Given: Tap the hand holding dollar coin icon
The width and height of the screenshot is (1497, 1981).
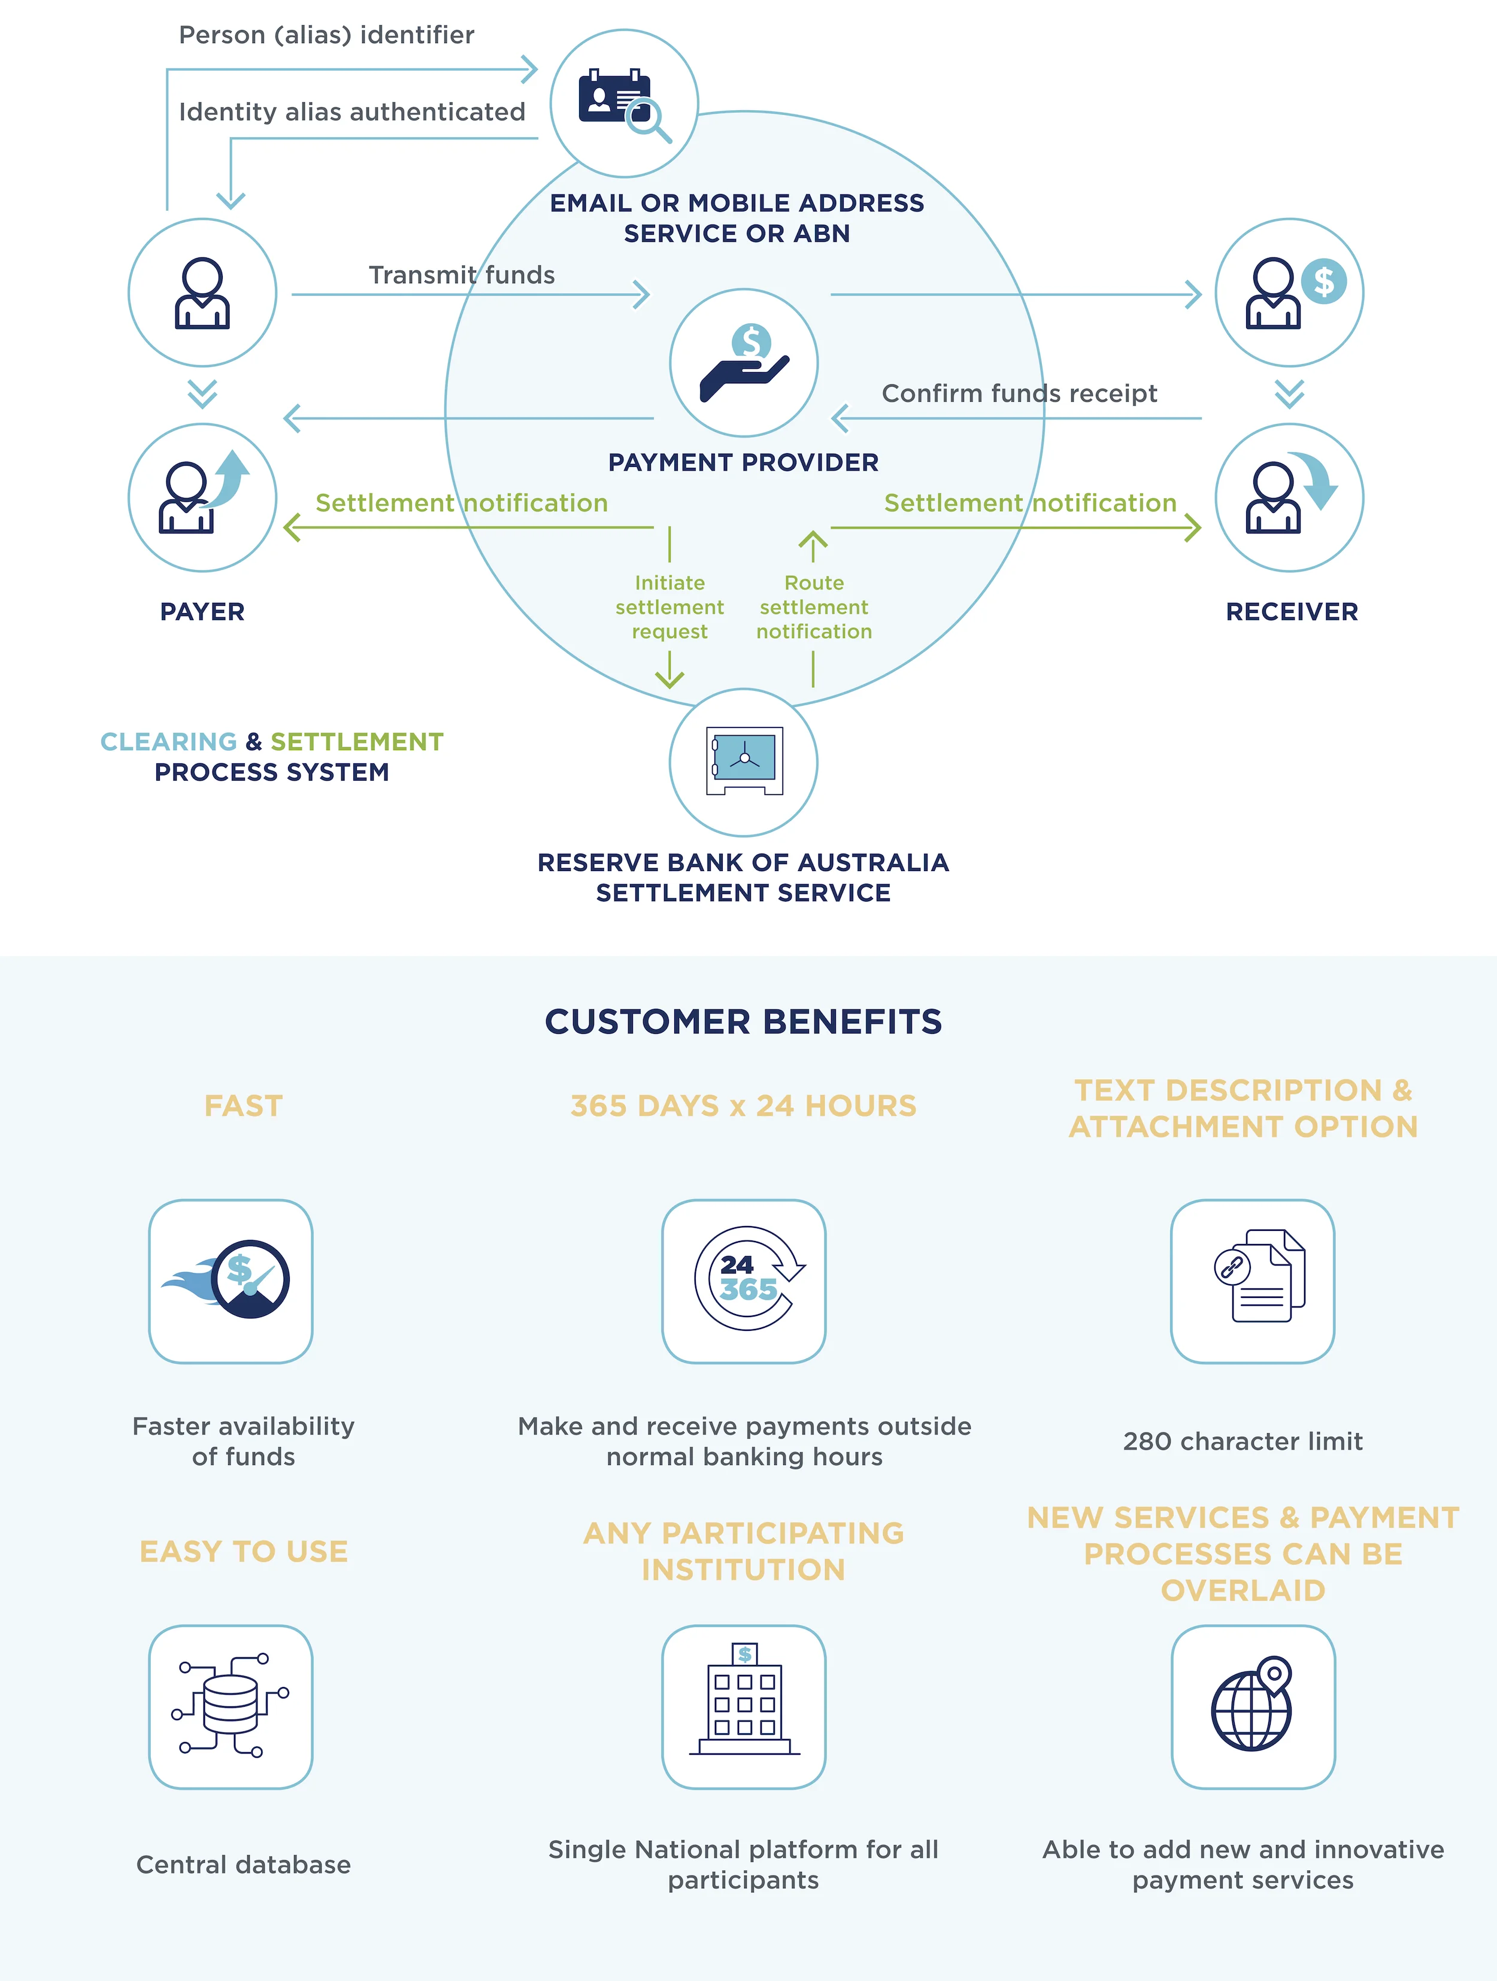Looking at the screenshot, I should tap(744, 363).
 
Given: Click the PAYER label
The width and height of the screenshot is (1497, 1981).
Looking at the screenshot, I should tap(202, 612).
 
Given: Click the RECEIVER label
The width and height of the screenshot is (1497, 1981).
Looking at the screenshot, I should tap(1291, 612).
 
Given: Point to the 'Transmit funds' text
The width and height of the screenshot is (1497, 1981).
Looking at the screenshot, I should tap(461, 275).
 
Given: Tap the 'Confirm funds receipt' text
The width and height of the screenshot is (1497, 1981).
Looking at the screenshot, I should tap(1019, 393).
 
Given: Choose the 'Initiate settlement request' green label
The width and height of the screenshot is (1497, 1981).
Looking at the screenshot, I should tap(669, 607).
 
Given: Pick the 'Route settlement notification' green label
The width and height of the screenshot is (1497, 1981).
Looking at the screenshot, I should tap(813, 607).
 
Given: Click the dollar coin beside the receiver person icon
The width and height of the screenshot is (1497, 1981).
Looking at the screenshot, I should tap(1323, 281).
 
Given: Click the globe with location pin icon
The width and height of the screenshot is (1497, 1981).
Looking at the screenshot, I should tap(1253, 1705).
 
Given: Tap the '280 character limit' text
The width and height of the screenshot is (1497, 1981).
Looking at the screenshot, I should tap(1242, 1441).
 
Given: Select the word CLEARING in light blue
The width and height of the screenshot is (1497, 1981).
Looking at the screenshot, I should tap(168, 742).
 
